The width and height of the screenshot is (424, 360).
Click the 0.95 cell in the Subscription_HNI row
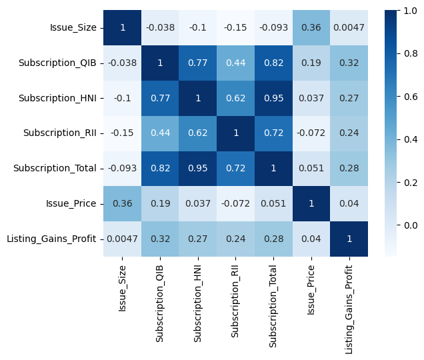[275, 98]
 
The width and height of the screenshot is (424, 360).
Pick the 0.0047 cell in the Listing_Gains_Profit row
[123, 239]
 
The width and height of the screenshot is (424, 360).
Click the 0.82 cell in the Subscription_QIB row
[275, 63]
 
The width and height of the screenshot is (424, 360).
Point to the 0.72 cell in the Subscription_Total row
[237, 168]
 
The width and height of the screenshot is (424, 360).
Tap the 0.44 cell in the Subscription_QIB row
[237, 63]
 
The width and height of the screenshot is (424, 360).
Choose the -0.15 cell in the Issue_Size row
[237, 28]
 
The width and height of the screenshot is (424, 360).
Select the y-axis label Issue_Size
[73, 28]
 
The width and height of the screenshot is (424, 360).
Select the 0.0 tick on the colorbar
[407, 225]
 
